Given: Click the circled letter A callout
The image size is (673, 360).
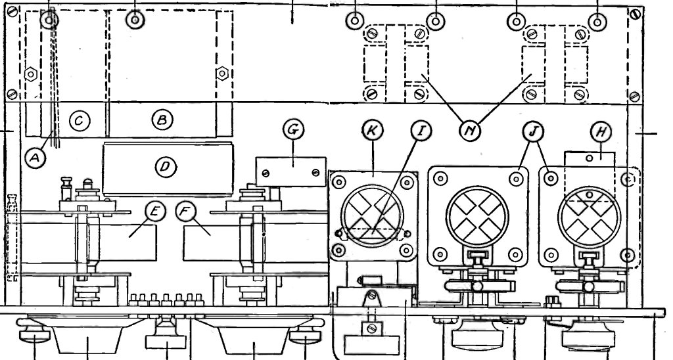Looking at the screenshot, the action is coord(35,158).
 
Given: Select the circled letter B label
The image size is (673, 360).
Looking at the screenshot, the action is coord(162,120).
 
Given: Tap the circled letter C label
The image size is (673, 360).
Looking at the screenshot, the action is coord(80,121).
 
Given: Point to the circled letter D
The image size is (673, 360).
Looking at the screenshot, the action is coord(165,166).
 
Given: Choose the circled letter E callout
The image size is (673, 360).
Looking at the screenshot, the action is coord(155,211).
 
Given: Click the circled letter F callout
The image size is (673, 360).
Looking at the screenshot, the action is coord(186,211).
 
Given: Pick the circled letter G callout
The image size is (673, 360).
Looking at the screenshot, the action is coord(293,129).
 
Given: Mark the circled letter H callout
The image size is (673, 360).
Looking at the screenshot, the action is coord(601,131).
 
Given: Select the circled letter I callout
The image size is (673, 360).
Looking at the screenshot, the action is coord(421,131).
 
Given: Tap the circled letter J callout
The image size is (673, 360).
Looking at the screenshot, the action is coord(533,131).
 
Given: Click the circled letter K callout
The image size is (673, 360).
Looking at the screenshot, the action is coord(372,131).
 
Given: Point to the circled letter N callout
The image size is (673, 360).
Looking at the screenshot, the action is coord(470,131).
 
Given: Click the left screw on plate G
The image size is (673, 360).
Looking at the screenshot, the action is coord(266,173).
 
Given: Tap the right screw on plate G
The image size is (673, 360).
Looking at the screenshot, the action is coord(316,172).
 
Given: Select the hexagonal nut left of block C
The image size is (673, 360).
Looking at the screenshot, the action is coord(31,74).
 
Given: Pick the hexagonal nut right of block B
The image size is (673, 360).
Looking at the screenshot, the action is coord(221,74).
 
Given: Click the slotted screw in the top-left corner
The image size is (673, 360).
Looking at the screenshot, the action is coord(12,12).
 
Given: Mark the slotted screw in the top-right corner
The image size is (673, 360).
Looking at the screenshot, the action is coord(636,14).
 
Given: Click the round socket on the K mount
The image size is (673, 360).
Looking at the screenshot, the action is coord(373,215).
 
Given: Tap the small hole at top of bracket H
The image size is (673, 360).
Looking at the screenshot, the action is coord(590,158).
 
